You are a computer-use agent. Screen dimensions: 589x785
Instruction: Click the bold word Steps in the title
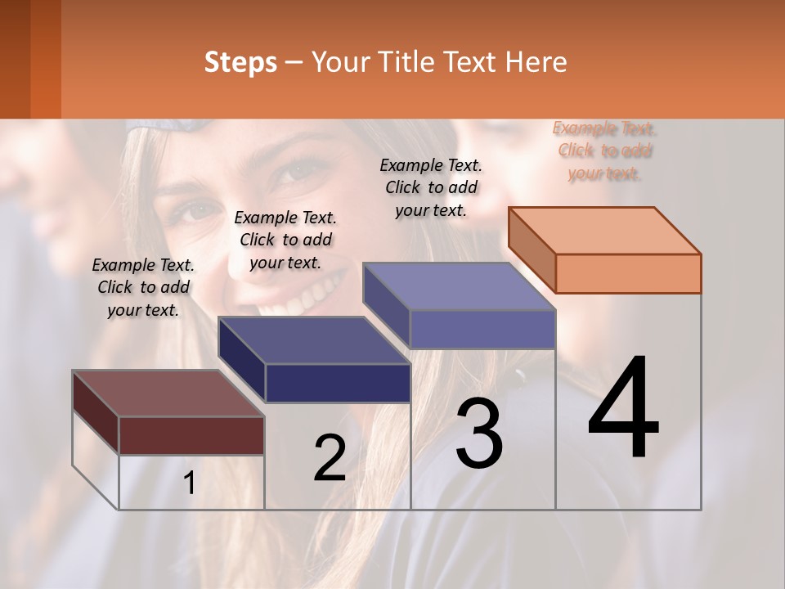pos(240,62)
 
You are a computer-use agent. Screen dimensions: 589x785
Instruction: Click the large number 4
pos(623,409)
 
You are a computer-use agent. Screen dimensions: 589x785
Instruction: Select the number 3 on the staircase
pos(478,434)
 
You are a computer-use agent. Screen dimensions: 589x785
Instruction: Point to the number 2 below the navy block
pos(330,458)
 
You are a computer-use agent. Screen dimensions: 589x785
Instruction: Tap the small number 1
pos(190,483)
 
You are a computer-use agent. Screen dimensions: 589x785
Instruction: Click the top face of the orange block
pos(605,230)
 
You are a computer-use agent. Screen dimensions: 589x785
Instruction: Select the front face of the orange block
pos(628,273)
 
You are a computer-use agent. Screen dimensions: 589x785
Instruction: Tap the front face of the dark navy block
pos(338,383)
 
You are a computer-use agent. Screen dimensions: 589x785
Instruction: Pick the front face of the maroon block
pos(191,435)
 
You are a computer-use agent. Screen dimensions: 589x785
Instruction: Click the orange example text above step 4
pos(604,151)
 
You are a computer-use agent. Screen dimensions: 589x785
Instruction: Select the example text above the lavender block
pos(431,187)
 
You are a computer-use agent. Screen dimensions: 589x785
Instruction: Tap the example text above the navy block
pos(285,240)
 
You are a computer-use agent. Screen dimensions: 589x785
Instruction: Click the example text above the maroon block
pos(143,287)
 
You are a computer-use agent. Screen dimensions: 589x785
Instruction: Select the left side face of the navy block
pos(242,360)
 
